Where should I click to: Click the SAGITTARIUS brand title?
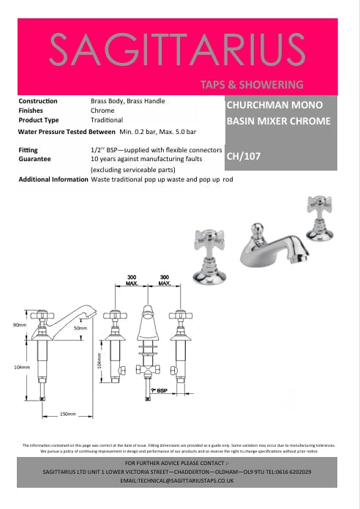pyautogui.click(x=178, y=48)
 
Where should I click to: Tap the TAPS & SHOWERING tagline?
pyautogui.click(x=251, y=84)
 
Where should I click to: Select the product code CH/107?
pyautogui.click(x=244, y=155)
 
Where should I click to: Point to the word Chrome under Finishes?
pyautogui.click(x=102, y=111)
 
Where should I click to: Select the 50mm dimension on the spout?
pyautogui.click(x=80, y=327)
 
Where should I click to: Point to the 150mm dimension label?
pyautogui.click(x=67, y=414)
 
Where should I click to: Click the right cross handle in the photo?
pyautogui.click(x=320, y=202)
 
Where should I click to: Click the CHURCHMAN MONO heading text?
pyautogui.click(x=267, y=105)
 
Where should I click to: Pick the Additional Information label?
pyautogui.click(x=53, y=179)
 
